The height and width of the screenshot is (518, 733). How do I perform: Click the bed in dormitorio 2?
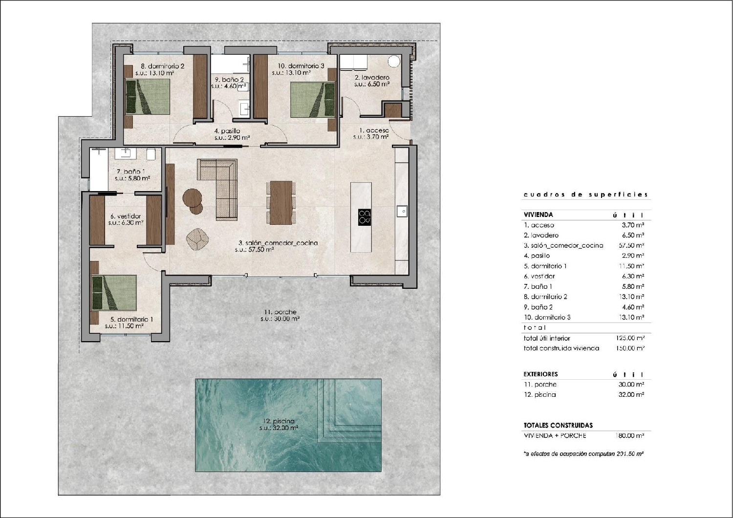click(148, 97)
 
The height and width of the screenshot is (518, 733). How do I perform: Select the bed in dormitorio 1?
click(114, 292)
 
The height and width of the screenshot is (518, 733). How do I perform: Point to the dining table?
click(281, 202)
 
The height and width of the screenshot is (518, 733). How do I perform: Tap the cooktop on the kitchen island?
click(365, 216)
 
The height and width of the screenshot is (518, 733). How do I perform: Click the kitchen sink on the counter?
click(402, 211)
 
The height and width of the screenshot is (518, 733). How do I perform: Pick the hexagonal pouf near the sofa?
click(197, 239)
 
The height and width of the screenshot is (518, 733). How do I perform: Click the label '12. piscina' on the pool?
click(278, 421)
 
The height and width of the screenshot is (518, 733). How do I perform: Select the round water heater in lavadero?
click(394, 62)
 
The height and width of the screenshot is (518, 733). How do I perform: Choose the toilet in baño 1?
click(151, 154)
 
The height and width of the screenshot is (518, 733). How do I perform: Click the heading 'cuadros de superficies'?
click(586, 194)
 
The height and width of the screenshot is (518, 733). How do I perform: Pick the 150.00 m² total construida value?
click(630, 348)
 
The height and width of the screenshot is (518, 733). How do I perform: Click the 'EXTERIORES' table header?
click(540, 374)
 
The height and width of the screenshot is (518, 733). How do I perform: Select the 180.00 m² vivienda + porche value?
click(630, 435)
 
